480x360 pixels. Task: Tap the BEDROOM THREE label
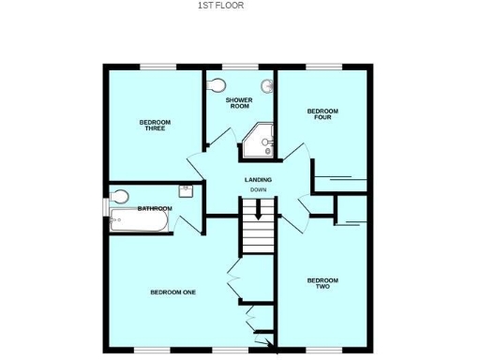click(x=153, y=125)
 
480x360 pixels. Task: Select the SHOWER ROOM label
click(x=239, y=102)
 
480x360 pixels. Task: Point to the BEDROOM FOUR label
click(x=322, y=114)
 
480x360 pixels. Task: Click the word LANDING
click(x=258, y=179)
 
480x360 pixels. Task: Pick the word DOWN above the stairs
click(x=258, y=191)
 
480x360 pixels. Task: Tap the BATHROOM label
click(x=155, y=208)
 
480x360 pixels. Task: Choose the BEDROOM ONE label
click(x=172, y=292)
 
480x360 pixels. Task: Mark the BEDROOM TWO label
click(x=322, y=283)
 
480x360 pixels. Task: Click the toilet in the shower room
click(x=218, y=85)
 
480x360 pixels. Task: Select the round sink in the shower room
click(x=267, y=87)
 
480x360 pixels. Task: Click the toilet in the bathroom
click(x=120, y=197)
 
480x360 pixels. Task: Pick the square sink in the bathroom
click(x=186, y=190)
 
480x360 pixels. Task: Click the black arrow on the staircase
click(x=258, y=213)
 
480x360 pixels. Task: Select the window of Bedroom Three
click(x=154, y=66)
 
